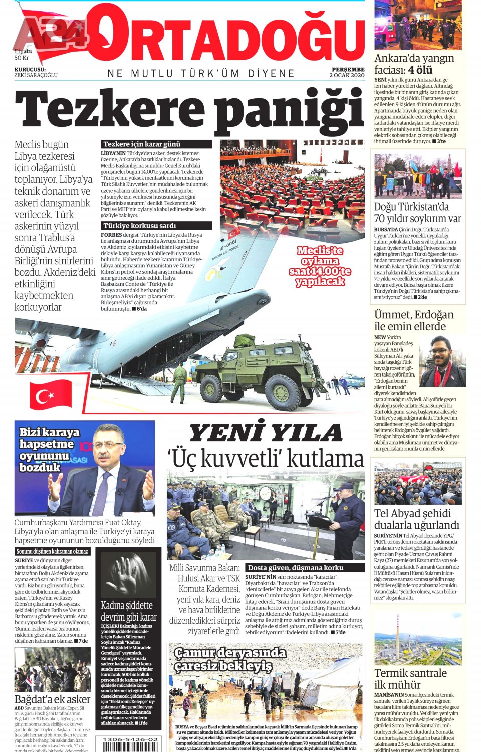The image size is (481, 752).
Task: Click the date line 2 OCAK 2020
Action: [347, 75]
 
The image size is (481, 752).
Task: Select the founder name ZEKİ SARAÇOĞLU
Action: [36, 75]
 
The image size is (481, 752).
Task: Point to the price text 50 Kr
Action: [22, 58]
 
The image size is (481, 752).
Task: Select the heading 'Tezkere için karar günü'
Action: [142, 144]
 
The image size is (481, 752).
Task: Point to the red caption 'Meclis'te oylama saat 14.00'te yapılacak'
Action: [320, 266]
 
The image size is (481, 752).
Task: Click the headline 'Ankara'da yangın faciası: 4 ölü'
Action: [414, 64]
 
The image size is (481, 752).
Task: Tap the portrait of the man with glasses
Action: [442, 361]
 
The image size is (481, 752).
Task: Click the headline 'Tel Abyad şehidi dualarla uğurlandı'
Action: [416, 519]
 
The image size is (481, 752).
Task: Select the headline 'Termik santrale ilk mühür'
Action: [410, 679]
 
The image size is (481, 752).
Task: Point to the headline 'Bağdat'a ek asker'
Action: [52, 699]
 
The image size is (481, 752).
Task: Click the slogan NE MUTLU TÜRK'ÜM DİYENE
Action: [201, 74]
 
